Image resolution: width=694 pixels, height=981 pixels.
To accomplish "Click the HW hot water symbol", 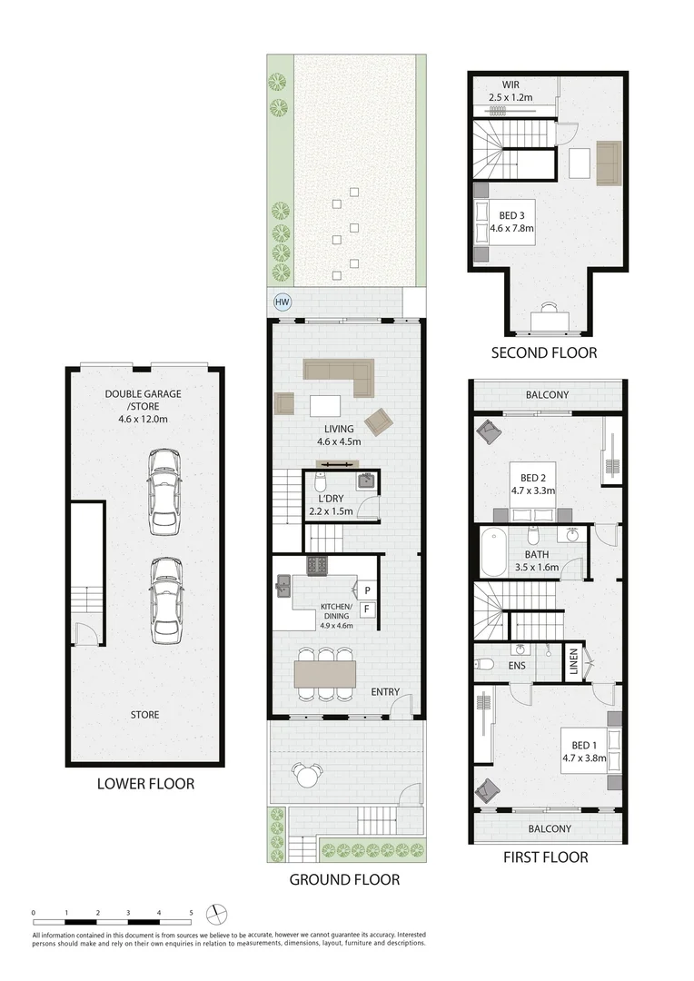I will pyautogui.click(x=283, y=303).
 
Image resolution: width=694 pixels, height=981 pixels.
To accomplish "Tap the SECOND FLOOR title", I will pyautogui.click(x=544, y=353).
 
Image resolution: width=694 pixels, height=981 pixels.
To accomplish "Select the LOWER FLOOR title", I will pyautogui.click(x=145, y=783).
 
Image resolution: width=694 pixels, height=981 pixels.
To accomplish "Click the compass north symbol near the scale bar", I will pyautogui.click(x=216, y=913).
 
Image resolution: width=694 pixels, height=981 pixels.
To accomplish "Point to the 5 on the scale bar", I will pyautogui.click(x=191, y=912).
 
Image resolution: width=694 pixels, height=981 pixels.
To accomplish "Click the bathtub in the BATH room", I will pyautogui.click(x=493, y=552).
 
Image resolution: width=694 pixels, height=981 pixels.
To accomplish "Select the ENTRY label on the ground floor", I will pyautogui.click(x=385, y=692).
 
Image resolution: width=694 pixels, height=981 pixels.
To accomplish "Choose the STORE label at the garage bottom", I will pyautogui.click(x=144, y=715).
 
